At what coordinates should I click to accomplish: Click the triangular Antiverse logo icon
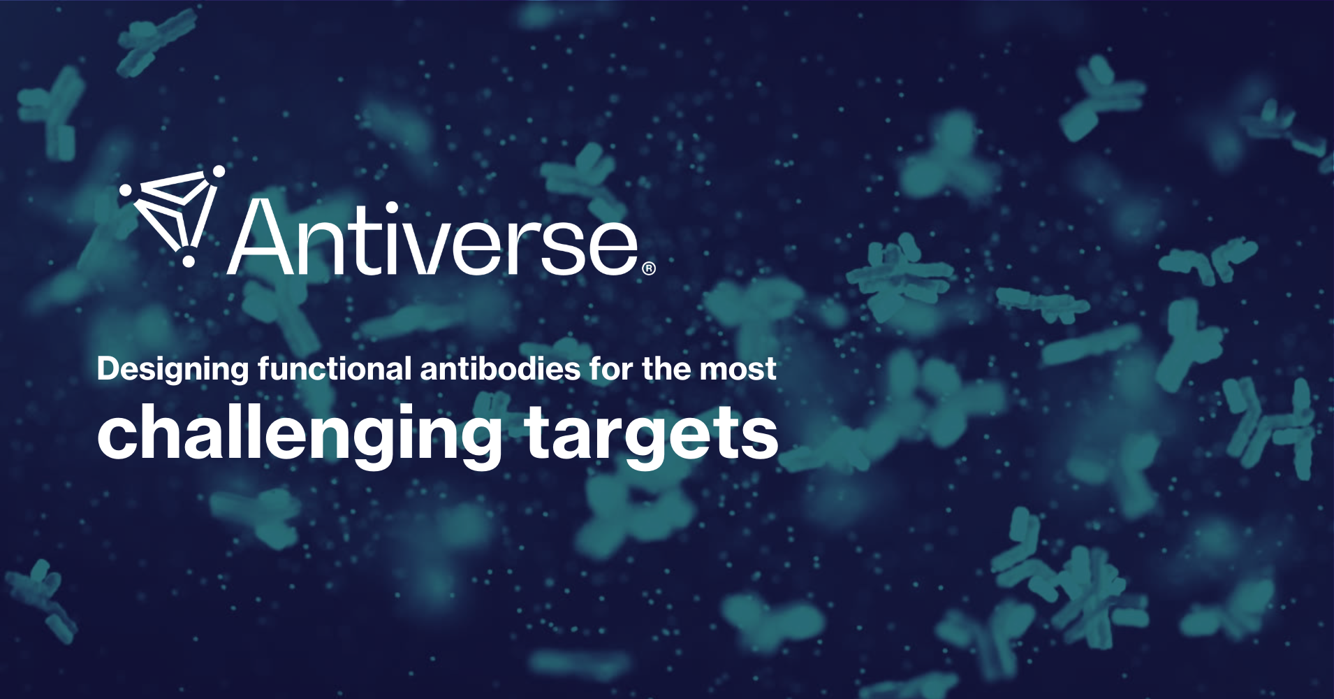[x=175, y=213]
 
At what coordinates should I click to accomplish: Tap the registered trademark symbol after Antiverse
[x=648, y=268]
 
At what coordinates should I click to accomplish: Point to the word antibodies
[x=499, y=368]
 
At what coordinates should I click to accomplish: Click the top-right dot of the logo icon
[x=219, y=171]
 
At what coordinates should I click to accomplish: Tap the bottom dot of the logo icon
[x=188, y=261]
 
